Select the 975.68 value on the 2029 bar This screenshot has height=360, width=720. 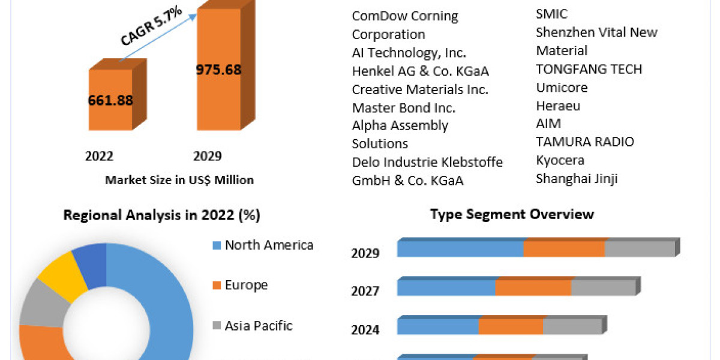[x=218, y=70]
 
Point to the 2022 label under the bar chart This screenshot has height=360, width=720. [x=99, y=157]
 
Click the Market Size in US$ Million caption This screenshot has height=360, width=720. [x=179, y=180]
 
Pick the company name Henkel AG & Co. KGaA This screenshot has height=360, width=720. [x=420, y=71]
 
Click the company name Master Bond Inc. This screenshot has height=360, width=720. [x=403, y=108]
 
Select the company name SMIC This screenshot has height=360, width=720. [x=551, y=14]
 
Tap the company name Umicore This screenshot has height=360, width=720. [x=562, y=88]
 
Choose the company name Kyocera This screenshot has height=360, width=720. [x=560, y=160]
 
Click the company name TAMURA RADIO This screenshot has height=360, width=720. [x=585, y=142]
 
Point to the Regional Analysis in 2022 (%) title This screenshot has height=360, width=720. [x=162, y=215]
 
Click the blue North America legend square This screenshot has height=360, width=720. [x=217, y=245]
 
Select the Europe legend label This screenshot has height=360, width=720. [x=246, y=285]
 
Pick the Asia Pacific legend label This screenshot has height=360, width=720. [x=259, y=326]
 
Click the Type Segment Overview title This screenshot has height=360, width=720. [x=512, y=214]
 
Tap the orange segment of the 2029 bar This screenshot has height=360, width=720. [x=564, y=248]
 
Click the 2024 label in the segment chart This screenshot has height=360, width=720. [x=365, y=330]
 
